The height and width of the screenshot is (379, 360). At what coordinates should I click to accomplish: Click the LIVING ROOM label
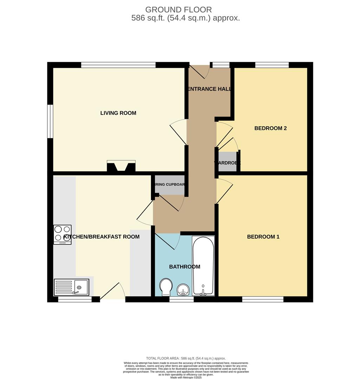tap(118, 113)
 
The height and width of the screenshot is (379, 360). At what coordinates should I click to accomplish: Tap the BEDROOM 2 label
tap(270, 128)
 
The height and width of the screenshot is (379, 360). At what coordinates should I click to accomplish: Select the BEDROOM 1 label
tap(263, 237)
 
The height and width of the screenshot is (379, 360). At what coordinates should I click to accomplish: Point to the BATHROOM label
tap(184, 267)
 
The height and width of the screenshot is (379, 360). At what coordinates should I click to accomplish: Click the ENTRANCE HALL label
tap(210, 89)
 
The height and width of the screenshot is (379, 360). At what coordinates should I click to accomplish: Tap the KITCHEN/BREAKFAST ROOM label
tap(102, 237)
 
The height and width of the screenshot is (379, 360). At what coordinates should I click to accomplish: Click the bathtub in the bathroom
tap(203, 265)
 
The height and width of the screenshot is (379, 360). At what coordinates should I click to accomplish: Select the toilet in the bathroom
tap(166, 286)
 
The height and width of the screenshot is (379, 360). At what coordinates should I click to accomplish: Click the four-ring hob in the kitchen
tap(62, 234)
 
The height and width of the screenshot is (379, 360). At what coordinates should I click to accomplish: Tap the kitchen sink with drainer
tap(72, 287)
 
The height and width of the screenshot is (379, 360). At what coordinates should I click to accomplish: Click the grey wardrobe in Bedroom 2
tap(227, 162)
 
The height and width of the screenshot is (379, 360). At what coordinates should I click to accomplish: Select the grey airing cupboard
tap(170, 185)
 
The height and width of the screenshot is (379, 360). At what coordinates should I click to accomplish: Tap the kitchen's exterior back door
tap(113, 291)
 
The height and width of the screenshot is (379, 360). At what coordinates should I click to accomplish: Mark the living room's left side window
tap(50, 121)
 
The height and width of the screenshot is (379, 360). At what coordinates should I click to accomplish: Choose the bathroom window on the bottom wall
tap(181, 300)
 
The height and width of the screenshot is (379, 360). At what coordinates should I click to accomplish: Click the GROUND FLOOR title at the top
tap(178, 9)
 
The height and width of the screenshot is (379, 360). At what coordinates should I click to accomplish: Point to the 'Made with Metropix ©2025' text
tap(186, 377)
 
